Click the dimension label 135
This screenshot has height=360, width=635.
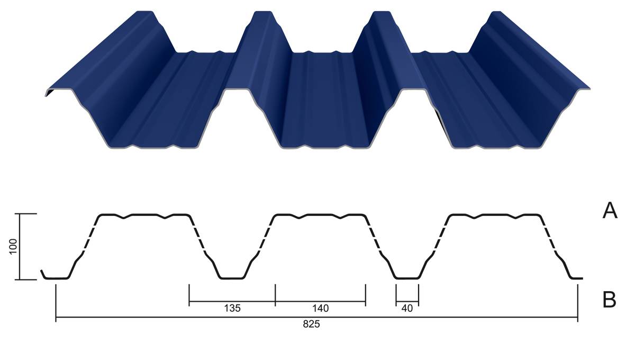(x=232, y=308)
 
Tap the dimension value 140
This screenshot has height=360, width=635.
(x=320, y=308)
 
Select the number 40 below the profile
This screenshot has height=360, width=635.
(x=407, y=308)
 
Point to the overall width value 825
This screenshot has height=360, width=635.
(x=311, y=324)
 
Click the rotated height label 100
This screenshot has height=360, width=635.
(x=13, y=246)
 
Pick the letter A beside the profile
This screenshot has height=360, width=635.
(x=610, y=211)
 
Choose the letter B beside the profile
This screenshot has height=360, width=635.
(x=609, y=300)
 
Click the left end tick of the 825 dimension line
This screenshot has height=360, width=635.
(x=56, y=303)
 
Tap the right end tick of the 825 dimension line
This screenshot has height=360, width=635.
(x=577, y=303)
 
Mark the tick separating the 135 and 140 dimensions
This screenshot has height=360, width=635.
(x=275, y=295)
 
